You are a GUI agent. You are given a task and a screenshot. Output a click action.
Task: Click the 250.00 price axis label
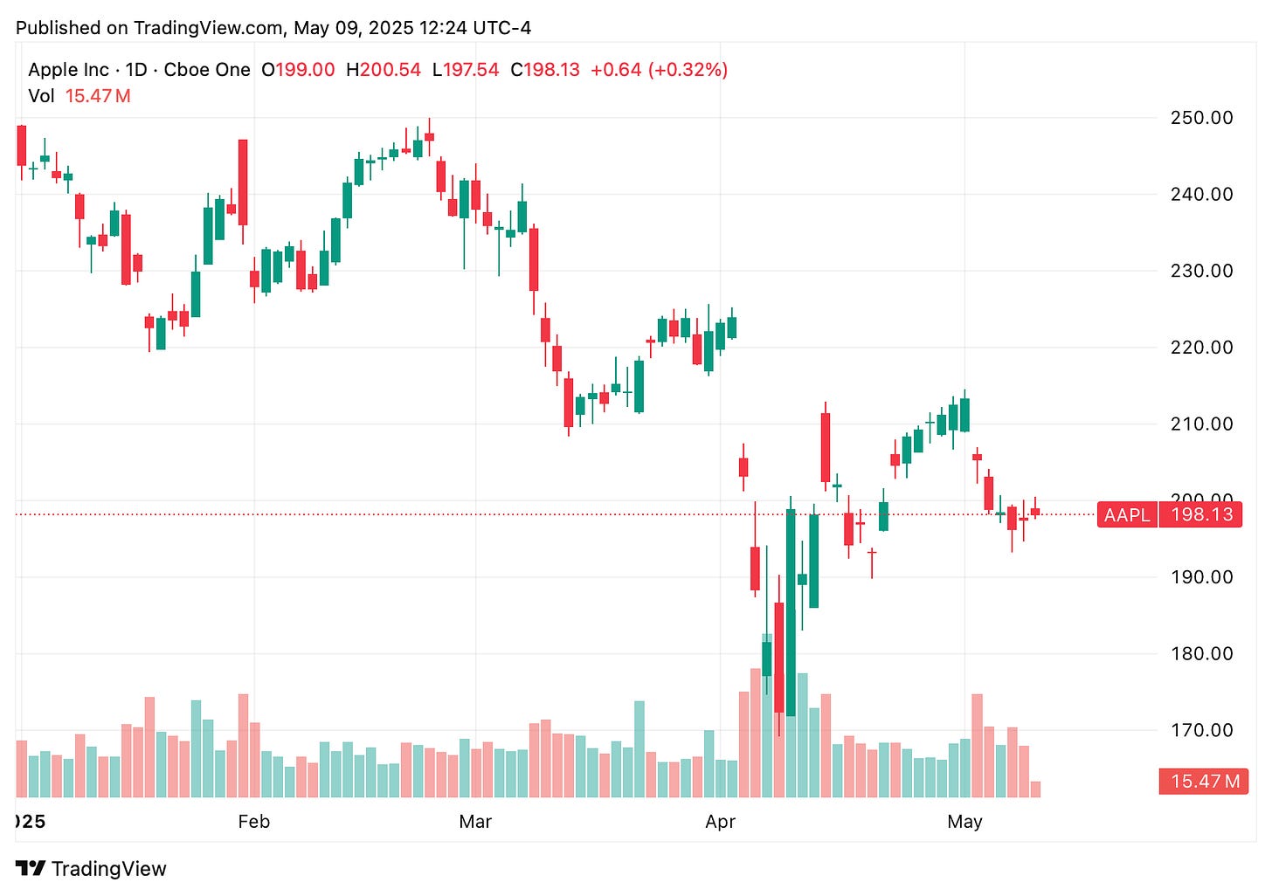[1201, 118]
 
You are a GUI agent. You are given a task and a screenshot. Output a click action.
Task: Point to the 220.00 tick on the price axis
[1201, 348]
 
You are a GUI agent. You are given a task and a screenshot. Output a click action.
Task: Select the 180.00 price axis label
[1201, 654]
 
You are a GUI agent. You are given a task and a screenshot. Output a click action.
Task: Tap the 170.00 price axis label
[1201, 730]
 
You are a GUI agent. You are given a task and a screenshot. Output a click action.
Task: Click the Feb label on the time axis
[253, 822]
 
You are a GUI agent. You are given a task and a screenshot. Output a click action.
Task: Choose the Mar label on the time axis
[475, 822]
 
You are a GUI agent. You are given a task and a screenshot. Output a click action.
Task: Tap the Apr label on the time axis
[720, 822]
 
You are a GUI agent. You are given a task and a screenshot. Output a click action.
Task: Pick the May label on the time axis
[964, 822]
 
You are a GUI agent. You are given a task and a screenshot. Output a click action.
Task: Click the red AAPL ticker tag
[1127, 515]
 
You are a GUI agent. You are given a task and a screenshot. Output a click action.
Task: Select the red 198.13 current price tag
[1201, 514]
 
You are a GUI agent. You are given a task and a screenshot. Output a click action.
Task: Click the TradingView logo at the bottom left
[91, 869]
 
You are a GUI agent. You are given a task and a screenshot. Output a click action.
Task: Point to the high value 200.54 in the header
[390, 70]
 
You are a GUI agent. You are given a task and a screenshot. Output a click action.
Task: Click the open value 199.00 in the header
[305, 70]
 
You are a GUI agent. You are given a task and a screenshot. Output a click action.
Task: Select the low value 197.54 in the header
[471, 70]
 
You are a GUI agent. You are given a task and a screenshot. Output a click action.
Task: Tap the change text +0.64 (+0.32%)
[659, 70]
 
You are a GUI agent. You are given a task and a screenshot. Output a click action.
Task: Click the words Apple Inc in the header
[68, 70]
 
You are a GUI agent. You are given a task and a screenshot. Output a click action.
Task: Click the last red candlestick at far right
[1035, 512]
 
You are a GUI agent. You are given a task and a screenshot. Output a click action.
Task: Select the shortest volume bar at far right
[1035, 789]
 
